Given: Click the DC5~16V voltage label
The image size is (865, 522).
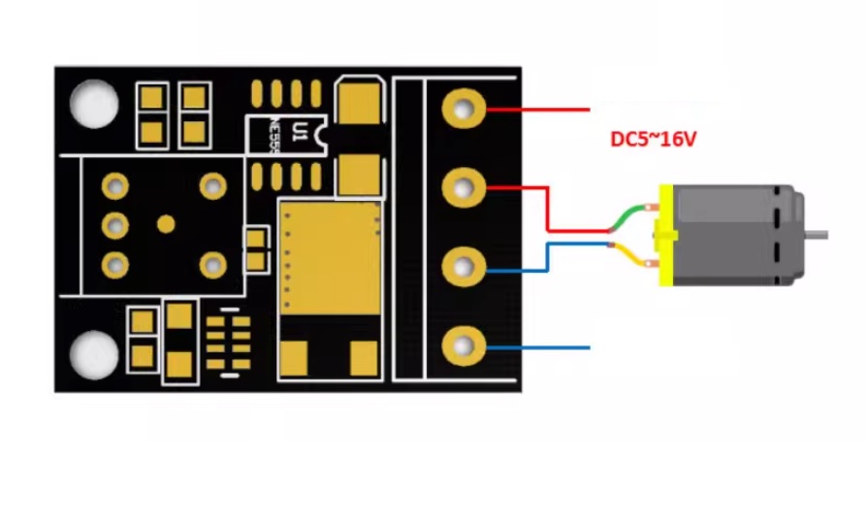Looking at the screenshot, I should click(x=653, y=140).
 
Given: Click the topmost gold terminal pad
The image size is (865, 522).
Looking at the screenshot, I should click(x=465, y=109).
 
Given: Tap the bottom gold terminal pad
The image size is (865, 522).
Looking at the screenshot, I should click(x=465, y=345).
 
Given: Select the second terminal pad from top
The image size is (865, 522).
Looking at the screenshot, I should click(x=465, y=186).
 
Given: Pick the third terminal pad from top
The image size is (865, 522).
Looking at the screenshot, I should click(x=465, y=265).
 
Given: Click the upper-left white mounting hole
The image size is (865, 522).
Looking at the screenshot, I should click(x=95, y=103).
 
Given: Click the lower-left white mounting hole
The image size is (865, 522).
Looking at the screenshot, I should click(x=95, y=355).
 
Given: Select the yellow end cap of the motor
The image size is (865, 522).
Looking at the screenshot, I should click(x=665, y=236).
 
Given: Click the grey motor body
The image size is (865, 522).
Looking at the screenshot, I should click(x=737, y=235).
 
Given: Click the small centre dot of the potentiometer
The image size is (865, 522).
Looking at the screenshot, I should click(x=166, y=224).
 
